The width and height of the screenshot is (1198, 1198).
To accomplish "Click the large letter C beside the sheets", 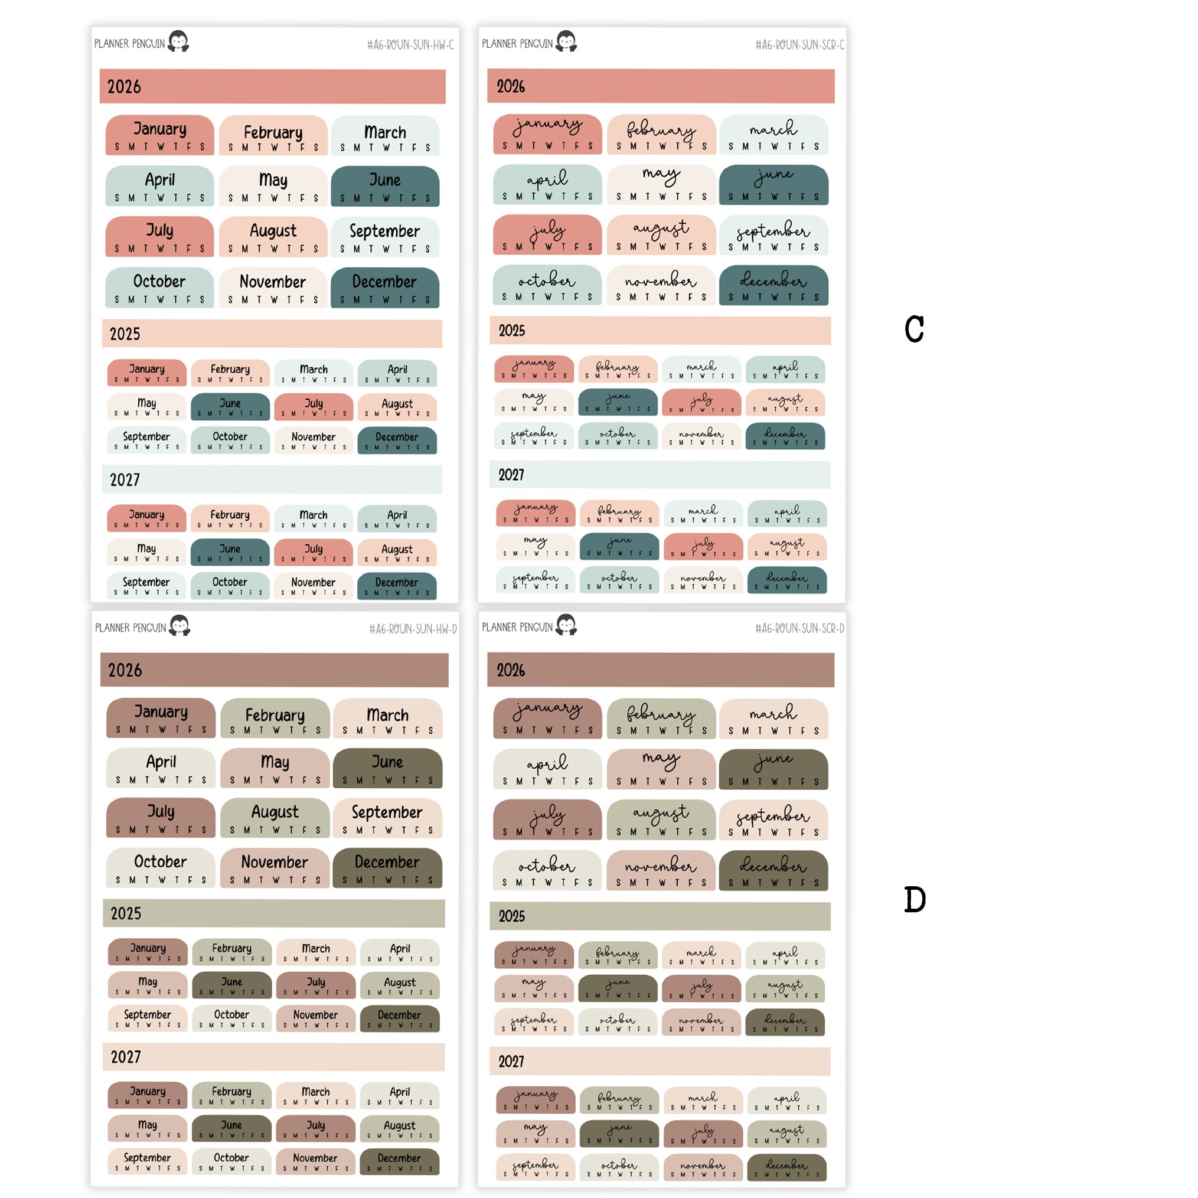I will click(913, 329).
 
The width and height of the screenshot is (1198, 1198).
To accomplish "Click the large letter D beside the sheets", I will click(914, 899).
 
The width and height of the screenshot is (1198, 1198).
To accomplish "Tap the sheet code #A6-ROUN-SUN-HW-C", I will click(410, 45).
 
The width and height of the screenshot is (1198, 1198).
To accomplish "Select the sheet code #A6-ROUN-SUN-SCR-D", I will click(799, 628).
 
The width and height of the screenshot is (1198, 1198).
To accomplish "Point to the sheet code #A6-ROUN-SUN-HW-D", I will click(412, 629).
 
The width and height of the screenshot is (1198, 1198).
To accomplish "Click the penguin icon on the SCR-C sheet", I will click(566, 41).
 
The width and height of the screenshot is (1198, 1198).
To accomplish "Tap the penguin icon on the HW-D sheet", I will click(180, 625).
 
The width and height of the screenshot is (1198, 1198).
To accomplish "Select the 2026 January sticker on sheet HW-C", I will click(159, 135).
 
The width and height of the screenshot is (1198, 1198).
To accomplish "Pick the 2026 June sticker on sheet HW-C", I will click(385, 185).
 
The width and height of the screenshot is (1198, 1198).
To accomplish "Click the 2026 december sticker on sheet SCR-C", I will click(773, 285).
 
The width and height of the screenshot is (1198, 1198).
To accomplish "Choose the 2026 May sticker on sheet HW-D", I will click(275, 768).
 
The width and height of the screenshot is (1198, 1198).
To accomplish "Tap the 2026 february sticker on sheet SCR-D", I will click(661, 719).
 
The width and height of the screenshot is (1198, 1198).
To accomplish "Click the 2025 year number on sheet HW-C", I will click(125, 334).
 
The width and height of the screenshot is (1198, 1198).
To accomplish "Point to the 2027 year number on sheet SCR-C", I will click(511, 475).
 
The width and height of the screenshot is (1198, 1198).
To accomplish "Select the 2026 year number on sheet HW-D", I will click(125, 670).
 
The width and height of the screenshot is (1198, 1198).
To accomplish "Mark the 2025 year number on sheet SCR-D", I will click(511, 916).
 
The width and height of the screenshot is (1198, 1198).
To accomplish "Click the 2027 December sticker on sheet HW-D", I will click(399, 1161).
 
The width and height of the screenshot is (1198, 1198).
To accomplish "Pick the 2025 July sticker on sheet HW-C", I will click(314, 407).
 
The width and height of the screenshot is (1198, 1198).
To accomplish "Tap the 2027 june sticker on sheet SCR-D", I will click(619, 1133).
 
